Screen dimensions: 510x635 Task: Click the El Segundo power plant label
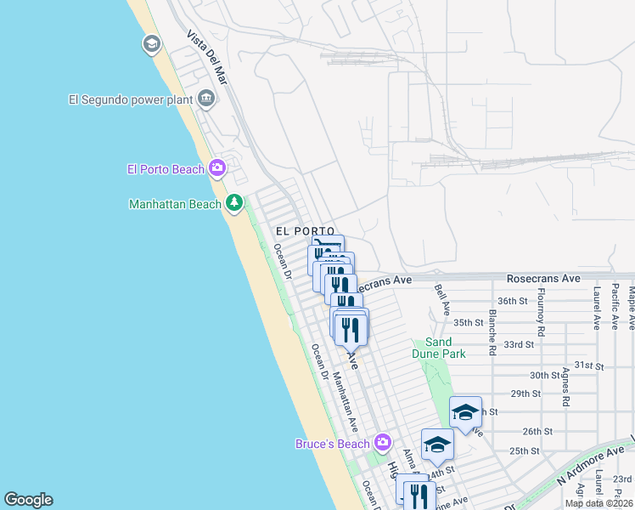(x=132, y=99)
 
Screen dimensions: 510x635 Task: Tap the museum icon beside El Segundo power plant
(x=206, y=99)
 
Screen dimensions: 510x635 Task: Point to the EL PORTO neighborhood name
(x=299, y=231)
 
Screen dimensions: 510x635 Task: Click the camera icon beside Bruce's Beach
(x=383, y=443)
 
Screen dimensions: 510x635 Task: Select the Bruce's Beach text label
(x=333, y=444)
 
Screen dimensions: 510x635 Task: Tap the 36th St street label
(x=513, y=301)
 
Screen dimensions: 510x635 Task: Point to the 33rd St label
(x=518, y=344)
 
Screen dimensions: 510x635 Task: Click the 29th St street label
(x=525, y=394)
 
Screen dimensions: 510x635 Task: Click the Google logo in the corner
(x=28, y=500)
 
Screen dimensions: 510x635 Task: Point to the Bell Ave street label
(x=441, y=297)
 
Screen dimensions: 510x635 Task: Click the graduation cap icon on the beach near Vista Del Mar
(x=152, y=43)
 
